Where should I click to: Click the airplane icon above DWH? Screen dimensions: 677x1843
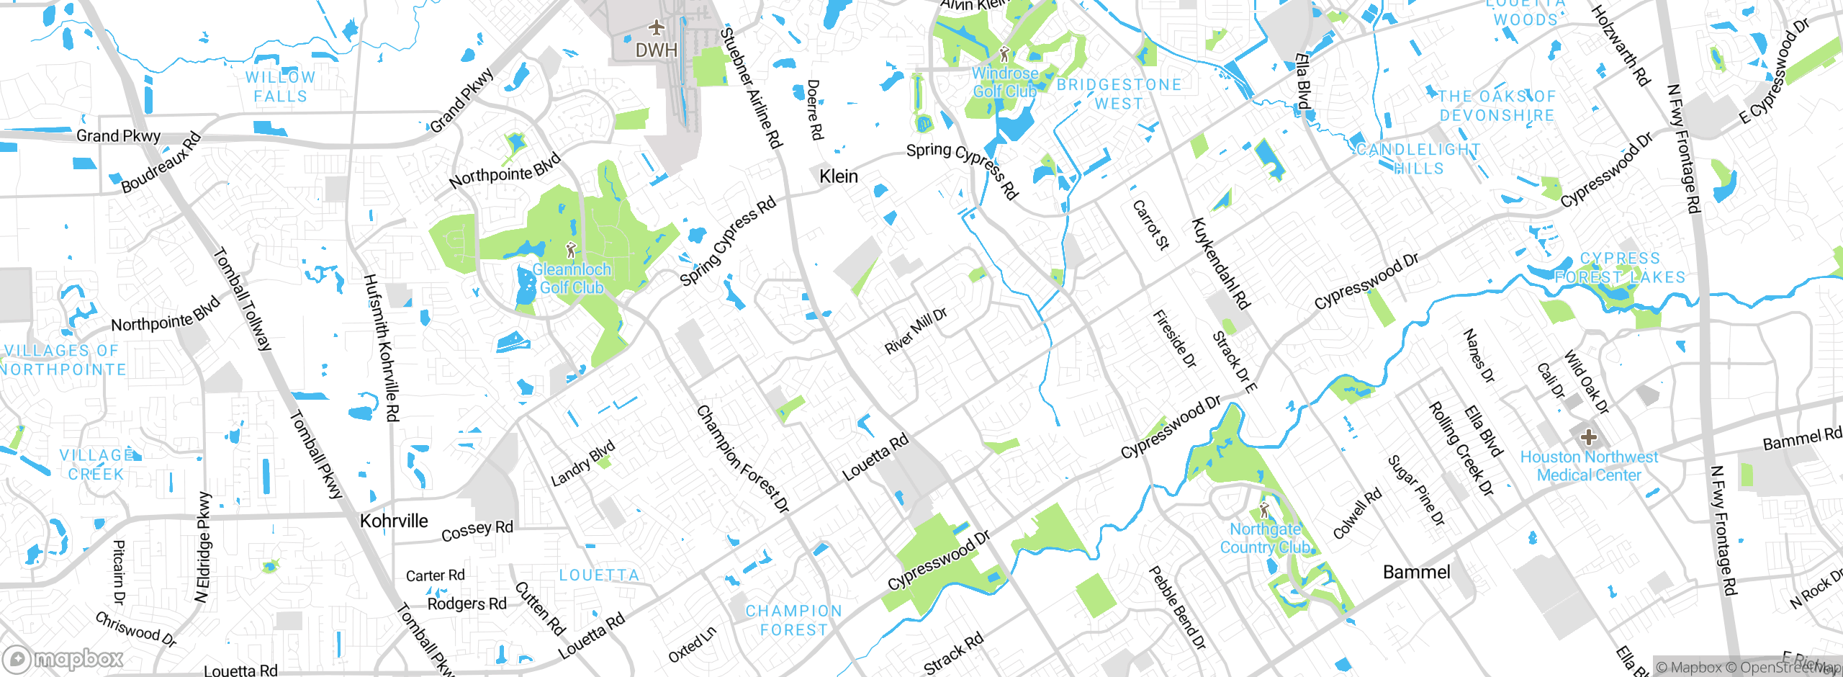(656, 28)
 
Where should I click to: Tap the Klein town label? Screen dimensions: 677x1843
(839, 176)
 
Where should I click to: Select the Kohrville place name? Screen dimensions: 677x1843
(394, 521)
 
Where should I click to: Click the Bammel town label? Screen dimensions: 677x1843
(1416, 573)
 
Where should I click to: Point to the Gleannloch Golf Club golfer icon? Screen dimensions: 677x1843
(572, 250)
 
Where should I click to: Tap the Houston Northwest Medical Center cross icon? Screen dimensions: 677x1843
(1588, 436)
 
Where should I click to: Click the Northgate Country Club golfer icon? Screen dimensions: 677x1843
(1265, 511)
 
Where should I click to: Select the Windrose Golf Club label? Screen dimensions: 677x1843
(1005, 82)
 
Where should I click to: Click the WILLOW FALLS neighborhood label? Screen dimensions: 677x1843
(280, 86)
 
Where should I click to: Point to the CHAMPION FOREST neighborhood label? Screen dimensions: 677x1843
(793, 620)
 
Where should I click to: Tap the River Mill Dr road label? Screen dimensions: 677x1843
(916, 331)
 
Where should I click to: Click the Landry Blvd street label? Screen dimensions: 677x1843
(583, 463)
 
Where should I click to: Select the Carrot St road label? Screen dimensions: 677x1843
(1151, 225)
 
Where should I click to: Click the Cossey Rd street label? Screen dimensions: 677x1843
(477, 531)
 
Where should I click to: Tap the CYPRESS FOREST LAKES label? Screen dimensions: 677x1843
(1620, 268)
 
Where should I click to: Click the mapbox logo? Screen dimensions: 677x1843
(63, 659)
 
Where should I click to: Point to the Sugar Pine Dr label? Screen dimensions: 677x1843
(1416, 490)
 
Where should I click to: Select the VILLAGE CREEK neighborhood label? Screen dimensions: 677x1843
(96, 465)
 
